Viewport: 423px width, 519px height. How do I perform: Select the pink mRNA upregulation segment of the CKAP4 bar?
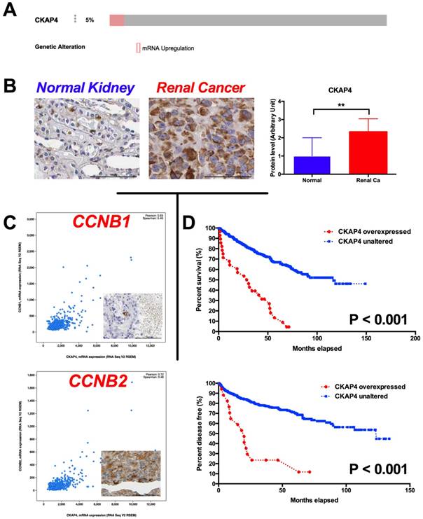coord(116,21)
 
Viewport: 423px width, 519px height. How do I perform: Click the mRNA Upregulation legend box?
coord(139,48)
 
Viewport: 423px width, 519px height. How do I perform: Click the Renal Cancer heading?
coord(200,88)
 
